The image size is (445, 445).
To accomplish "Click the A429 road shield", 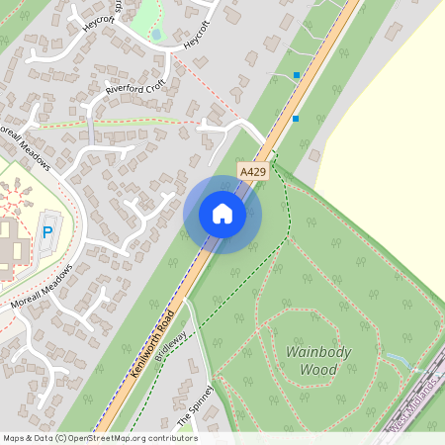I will click(253, 171).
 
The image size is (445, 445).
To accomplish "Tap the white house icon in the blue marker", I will click(222, 214).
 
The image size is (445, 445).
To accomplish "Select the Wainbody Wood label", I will click(311, 361).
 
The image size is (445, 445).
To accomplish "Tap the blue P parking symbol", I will click(46, 233).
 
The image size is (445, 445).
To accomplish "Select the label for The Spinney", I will click(195, 405).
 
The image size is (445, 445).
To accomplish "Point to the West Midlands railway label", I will click(413, 412).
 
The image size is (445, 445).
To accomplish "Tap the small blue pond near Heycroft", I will click(156, 35).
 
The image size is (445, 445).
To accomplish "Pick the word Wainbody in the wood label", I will click(311, 352).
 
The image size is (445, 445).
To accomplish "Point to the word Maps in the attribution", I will click(13, 438).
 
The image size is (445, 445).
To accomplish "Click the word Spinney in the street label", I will click(198, 399).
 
